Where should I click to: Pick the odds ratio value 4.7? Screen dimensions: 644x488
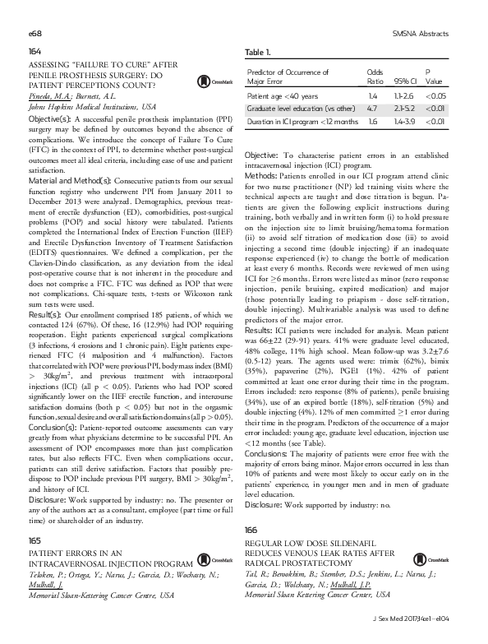coord(371,109)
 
